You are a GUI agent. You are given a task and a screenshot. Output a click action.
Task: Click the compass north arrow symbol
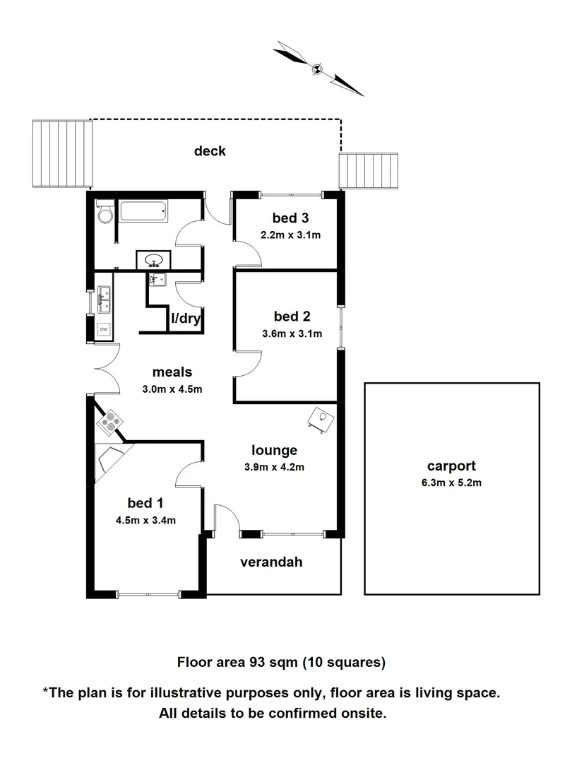click(x=318, y=69)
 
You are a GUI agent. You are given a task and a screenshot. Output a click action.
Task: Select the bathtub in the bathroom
click(x=143, y=211)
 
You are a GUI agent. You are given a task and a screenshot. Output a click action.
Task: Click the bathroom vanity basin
click(x=154, y=261)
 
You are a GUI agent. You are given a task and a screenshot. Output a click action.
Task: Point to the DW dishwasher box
click(x=104, y=329)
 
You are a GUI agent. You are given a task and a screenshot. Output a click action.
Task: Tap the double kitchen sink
click(x=104, y=300)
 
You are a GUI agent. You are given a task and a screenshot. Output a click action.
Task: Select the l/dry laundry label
click(x=186, y=319)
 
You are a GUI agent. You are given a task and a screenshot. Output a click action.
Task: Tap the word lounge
click(x=274, y=450)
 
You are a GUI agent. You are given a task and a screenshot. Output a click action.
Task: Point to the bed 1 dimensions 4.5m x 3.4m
click(x=146, y=521)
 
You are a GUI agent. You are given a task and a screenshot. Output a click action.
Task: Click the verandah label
click(x=271, y=562)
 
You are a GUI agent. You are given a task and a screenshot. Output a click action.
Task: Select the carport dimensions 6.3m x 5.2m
click(x=451, y=483)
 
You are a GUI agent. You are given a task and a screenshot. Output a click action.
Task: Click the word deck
click(x=210, y=150)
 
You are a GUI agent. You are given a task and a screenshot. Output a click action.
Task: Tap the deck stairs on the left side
click(x=63, y=154)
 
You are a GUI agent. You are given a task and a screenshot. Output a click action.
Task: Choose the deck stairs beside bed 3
click(x=369, y=171)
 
